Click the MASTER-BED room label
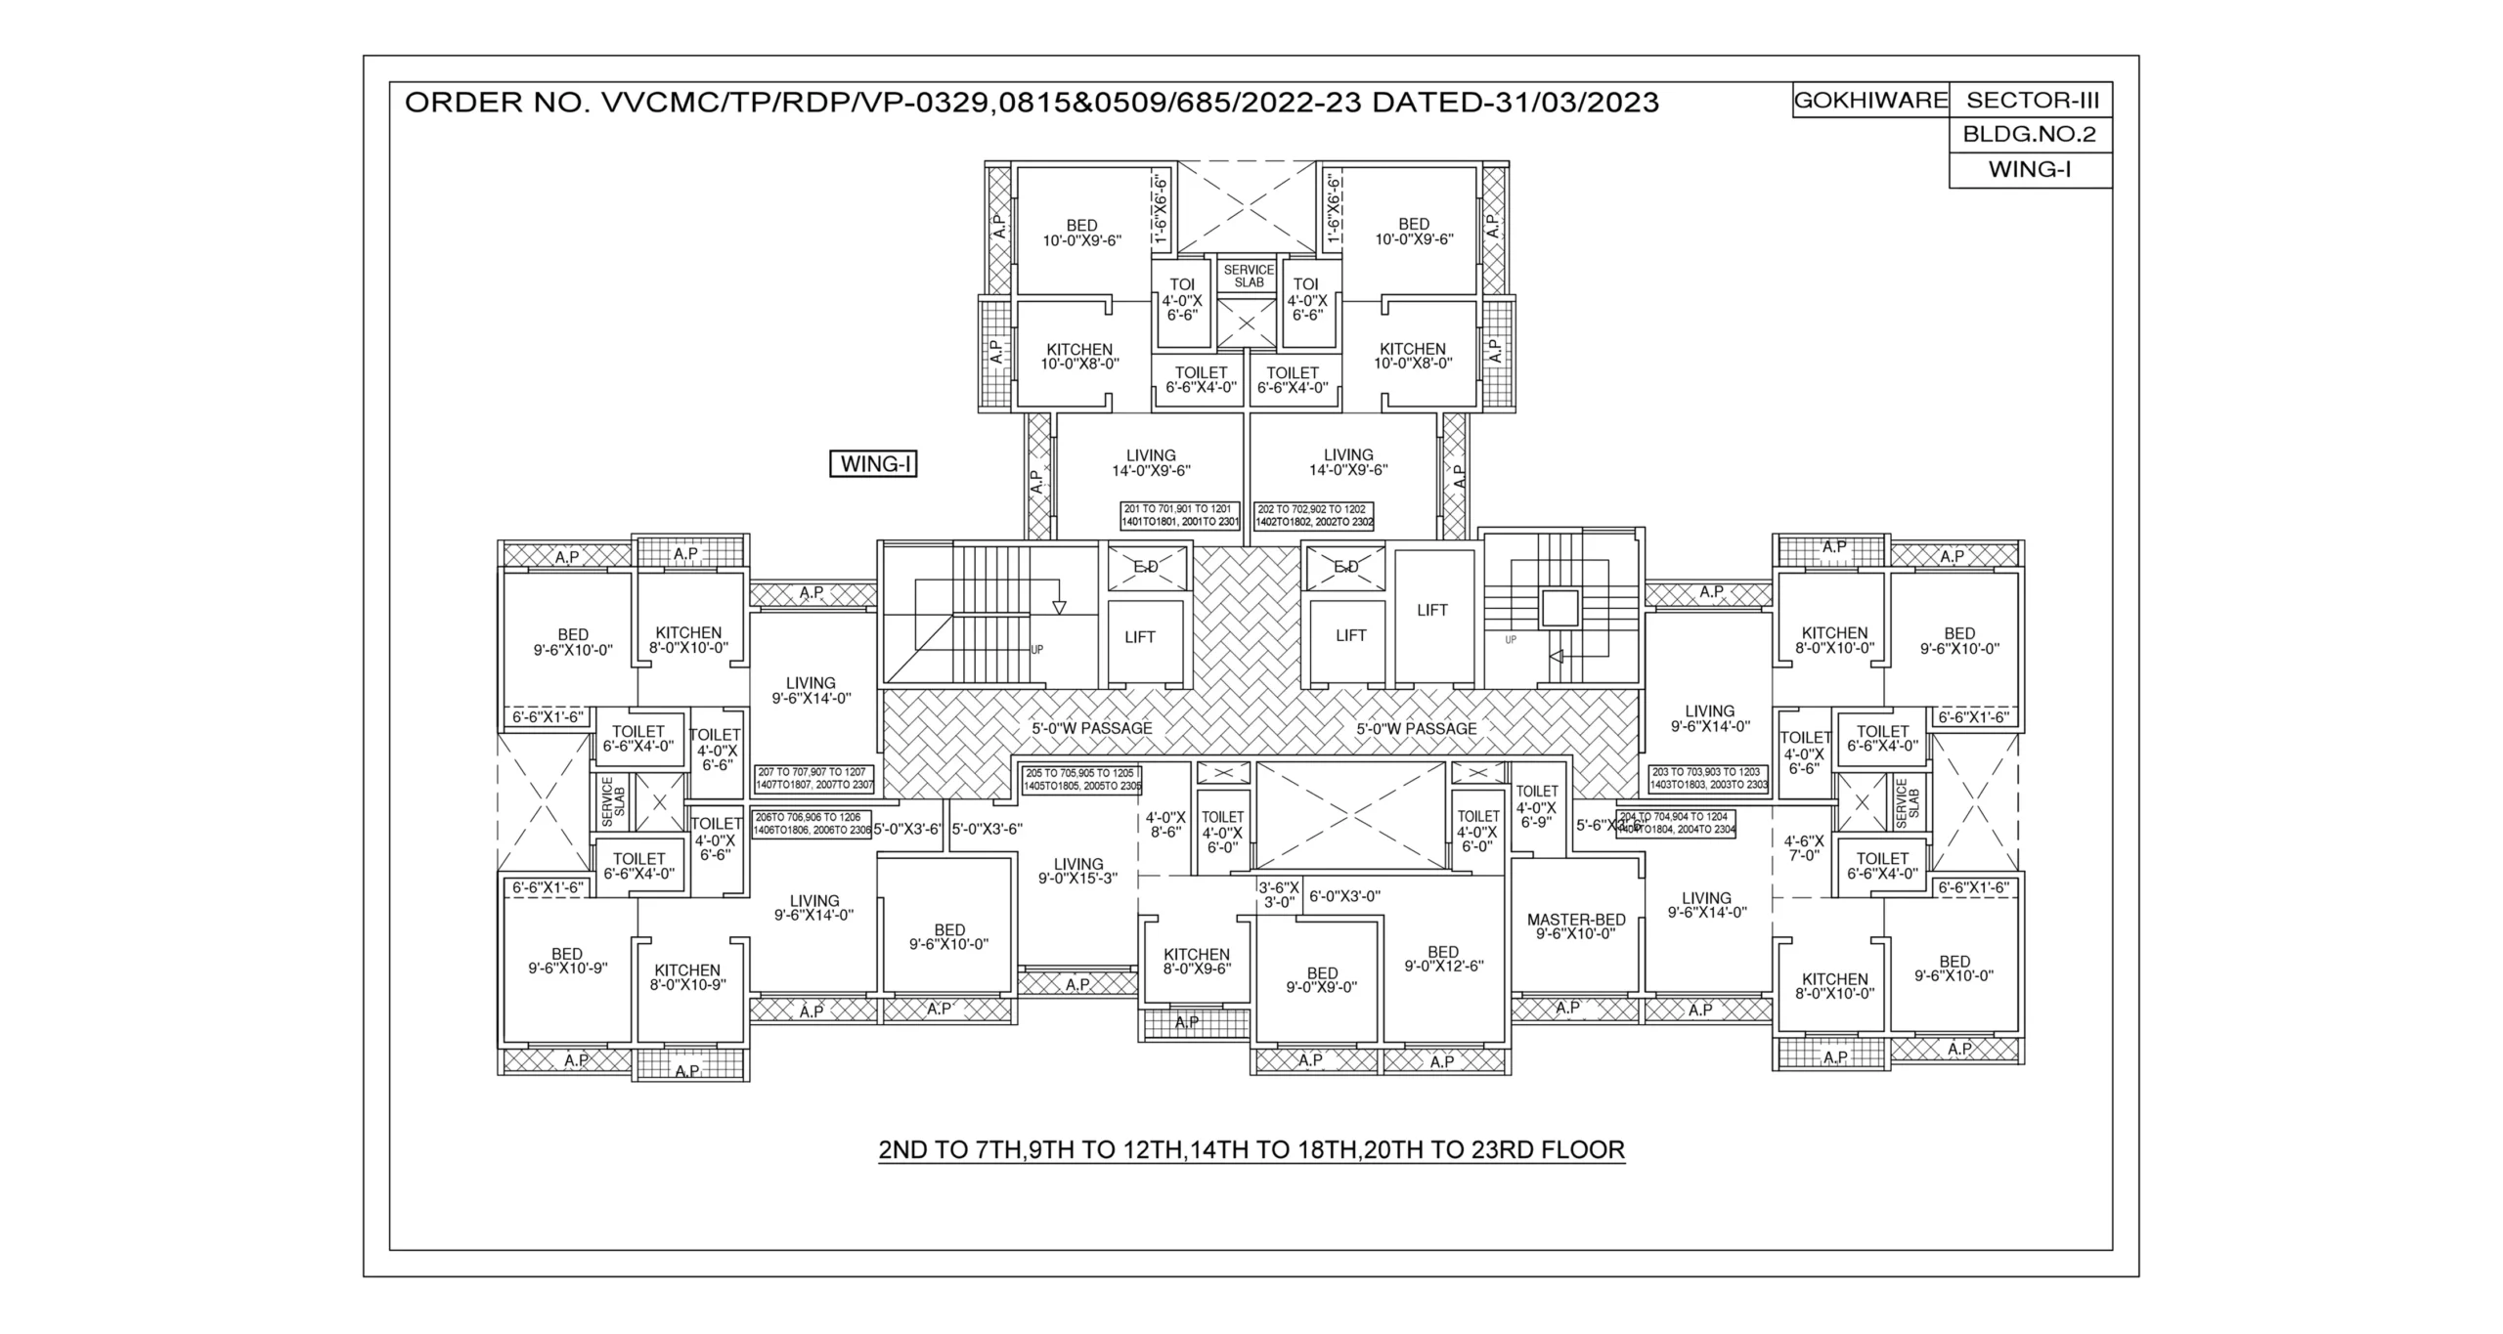(x=1576, y=926)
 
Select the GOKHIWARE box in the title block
(x=1870, y=101)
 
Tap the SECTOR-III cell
(x=2032, y=101)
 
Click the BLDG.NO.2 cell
(x=2030, y=135)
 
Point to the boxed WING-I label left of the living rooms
(x=874, y=464)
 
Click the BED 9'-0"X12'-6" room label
(x=1443, y=959)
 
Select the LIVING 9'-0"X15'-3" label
(x=1077, y=871)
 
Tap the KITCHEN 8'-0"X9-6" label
(x=1196, y=962)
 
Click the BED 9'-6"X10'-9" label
(x=567, y=961)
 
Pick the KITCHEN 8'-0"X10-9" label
(x=687, y=977)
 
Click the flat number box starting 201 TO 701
(x=1179, y=516)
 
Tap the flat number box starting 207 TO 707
(x=814, y=779)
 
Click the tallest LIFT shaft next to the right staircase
(x=1432, y=612)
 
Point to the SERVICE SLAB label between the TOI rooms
(x=1249, y=276)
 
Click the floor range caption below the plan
(x=1251, y=1150)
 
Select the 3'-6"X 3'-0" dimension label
(x=1278, y=895)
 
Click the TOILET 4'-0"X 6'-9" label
(x=1536, y=807)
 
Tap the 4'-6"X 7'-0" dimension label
(x=1803, y=848)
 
